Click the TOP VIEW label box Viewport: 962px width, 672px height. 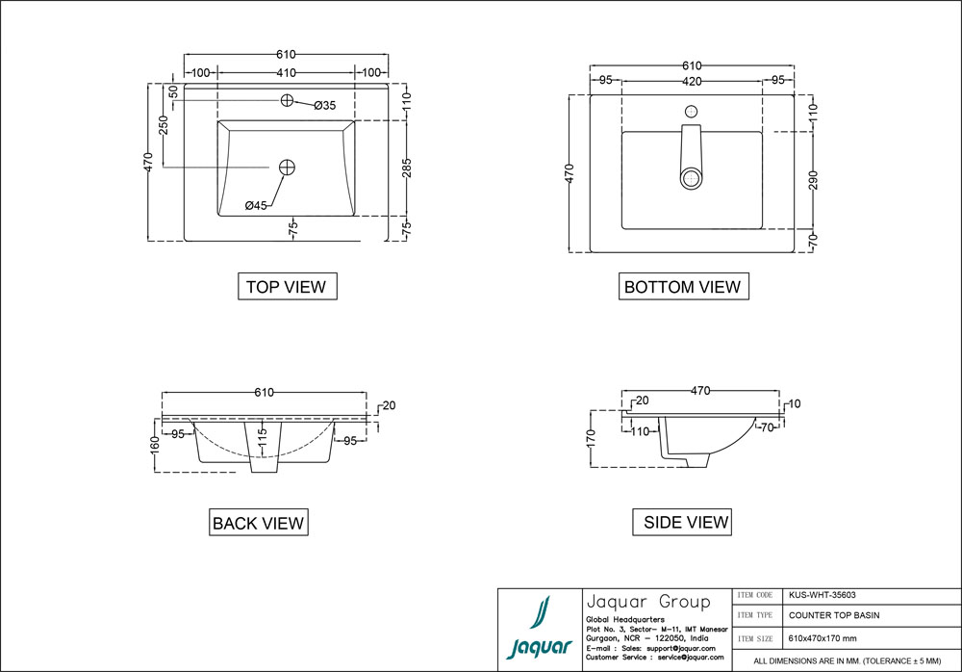click(286, 286)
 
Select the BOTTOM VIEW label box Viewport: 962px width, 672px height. click(682, 286)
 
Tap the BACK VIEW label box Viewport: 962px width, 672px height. click(258, 523)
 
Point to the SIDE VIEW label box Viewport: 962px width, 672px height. click(685, 522)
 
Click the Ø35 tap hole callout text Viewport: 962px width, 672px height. click(324, 105)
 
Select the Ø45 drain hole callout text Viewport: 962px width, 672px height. click(256, 205)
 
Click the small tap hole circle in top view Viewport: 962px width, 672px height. click(287, 101)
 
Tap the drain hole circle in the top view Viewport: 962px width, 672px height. click(287, 168)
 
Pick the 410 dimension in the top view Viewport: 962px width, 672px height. click(287, 73)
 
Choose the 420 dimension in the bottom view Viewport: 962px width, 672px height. click(692, 82)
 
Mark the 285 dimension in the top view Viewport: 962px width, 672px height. click(406, 168)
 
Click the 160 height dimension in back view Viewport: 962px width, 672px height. click(154, 446)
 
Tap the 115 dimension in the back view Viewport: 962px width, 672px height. click(261, 438)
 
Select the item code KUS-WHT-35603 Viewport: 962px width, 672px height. click(822, 596)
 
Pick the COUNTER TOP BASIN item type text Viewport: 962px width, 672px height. click(834, 615)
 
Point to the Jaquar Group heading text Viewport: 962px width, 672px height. click(647, 602)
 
